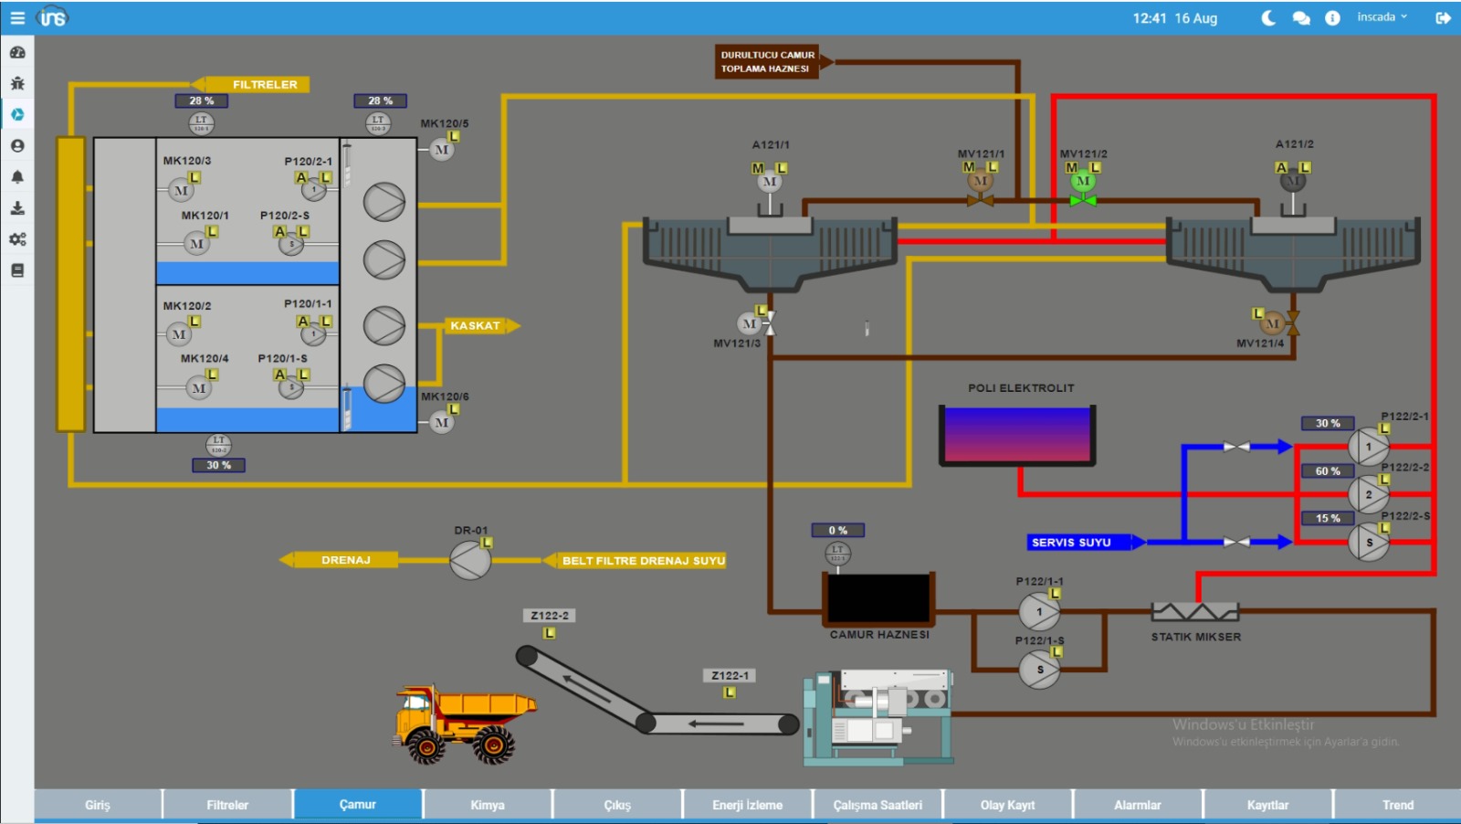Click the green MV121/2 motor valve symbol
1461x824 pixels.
coord(1083,182)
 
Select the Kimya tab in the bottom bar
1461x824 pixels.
coord(487,805)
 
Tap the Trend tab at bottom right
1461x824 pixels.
coord(1397,805)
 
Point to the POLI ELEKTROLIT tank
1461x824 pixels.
coord(1017,435)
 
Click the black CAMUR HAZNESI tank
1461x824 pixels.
coord(878,598)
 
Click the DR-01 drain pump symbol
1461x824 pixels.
coord(470,560)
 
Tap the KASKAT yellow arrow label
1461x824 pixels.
coord(477,325)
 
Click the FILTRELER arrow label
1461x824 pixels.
coord(261,84)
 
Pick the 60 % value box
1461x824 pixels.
coord(1328,471)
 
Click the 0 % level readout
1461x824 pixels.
coord(837,530)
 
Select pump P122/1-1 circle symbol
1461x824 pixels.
coord(1039,612)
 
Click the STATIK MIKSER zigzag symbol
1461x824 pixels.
coord(1195,611)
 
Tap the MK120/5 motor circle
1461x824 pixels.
coord(442,150)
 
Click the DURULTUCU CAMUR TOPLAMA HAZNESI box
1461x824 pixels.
coord(767,62)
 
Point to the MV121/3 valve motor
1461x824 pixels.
coord(750,323)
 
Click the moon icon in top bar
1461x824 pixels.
coord(1268,18)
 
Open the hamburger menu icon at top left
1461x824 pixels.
coord(17,17)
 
